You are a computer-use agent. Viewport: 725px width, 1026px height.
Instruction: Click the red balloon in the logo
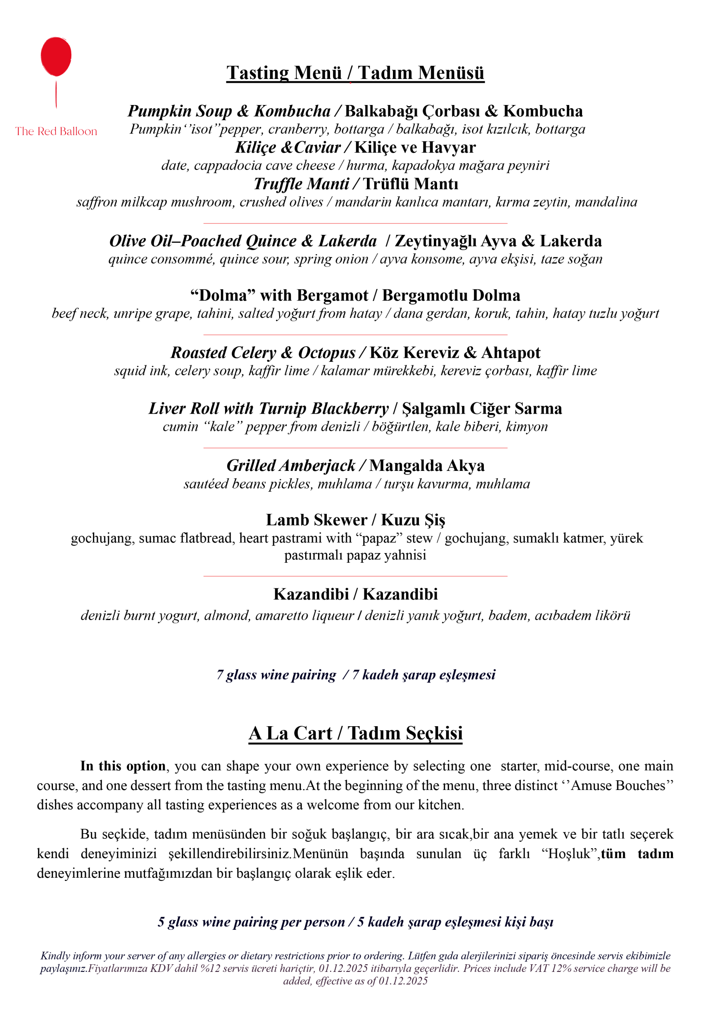(x=56, y=56)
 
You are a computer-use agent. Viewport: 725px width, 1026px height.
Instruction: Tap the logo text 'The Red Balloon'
(x=56, y=131)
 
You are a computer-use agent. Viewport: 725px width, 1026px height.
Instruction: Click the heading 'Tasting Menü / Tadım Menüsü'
(x=355, y=73)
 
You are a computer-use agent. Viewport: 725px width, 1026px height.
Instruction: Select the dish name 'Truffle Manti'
(x=301, y=184)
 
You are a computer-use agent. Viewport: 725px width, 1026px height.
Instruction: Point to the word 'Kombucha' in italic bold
(x=292, y=111)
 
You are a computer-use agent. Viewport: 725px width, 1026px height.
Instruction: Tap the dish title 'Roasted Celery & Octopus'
(x=263, y=353)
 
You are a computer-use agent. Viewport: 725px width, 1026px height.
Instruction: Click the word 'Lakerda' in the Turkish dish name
(x=570, y=241)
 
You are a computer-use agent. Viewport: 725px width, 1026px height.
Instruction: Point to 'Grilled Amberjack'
(x=290, y=466)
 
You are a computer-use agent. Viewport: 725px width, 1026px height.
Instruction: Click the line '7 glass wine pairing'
(x=276, y=675)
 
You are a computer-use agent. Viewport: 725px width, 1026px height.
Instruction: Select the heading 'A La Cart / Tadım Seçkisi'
(x=355, y=733)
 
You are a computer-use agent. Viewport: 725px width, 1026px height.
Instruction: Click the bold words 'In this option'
(x=123, y=766)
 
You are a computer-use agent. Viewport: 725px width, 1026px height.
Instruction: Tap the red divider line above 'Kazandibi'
(x=355, y=576)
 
